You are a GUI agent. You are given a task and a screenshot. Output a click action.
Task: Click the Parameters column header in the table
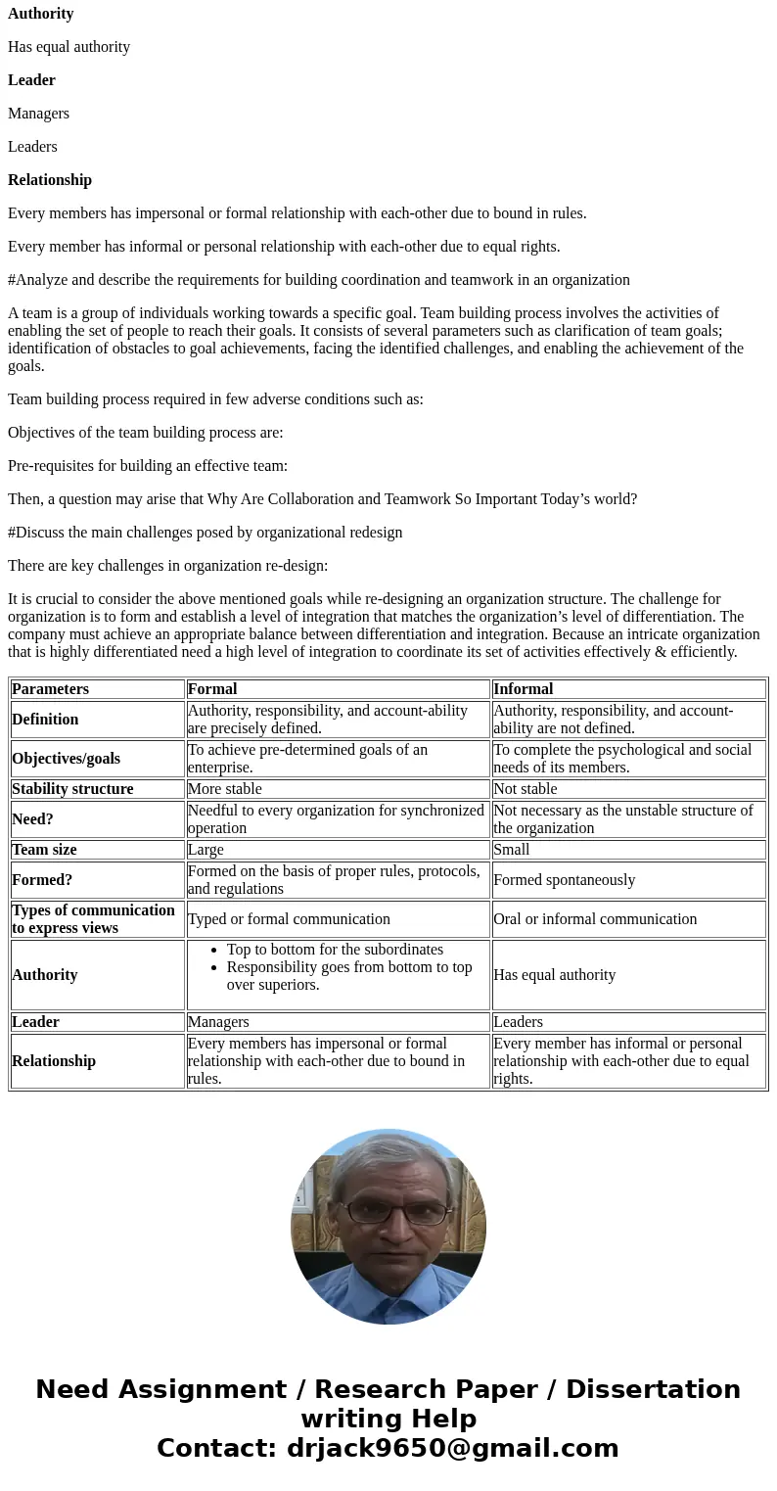[x=50, y=689]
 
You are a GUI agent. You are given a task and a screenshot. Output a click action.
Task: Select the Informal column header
[x=523, y=689]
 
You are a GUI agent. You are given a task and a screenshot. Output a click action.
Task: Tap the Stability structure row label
[x=72, y=789]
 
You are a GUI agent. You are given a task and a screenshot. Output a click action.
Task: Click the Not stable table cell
[x=525, y=789]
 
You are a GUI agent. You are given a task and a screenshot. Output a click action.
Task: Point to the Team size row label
[x=44, y=850]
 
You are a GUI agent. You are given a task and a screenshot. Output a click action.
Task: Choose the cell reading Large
[x=206, y=850]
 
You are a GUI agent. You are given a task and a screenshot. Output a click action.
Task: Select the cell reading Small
[x=511, y=850]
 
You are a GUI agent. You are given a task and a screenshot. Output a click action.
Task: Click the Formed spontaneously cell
[x=564, y=880]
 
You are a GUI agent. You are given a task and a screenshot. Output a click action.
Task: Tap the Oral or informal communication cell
[x=594, y=919]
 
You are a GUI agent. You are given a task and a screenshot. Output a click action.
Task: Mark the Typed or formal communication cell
[x=289, y=919]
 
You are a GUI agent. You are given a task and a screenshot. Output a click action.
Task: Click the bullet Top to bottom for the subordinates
[x=335, y=950]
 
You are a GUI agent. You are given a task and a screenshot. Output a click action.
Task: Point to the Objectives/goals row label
[x=66, y=759]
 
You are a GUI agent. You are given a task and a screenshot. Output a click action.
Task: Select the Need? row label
[x=32, y=819]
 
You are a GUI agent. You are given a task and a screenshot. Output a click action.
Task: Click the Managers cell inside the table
[x=218, y=1022]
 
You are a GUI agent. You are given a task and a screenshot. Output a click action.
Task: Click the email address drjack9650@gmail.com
[x=452, y=1449]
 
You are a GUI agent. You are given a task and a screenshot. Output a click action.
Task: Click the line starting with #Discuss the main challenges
[x=205, y=533]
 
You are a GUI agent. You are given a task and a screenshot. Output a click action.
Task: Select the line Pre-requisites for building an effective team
[x=148, y=466]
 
